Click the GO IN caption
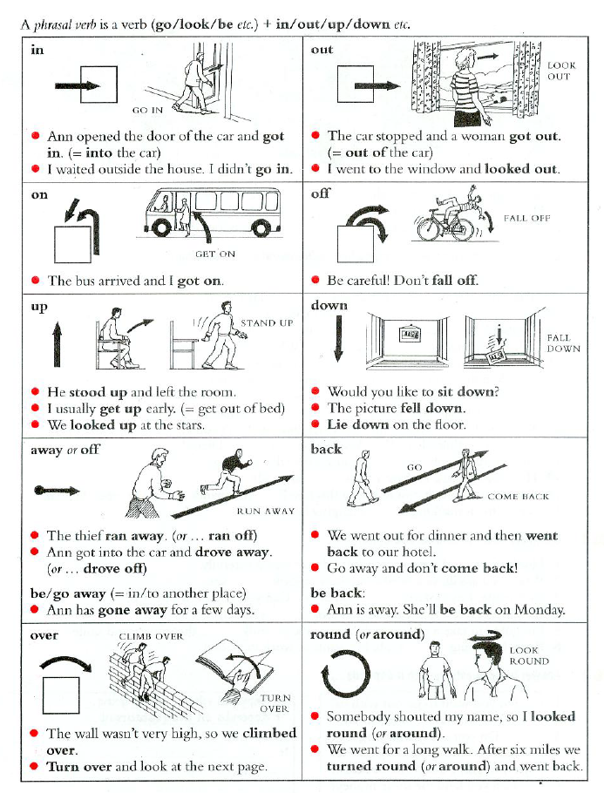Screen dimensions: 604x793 pyautogui.click(x=147, y=111)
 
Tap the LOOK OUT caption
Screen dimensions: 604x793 pyautogui.click(x=561, y=71)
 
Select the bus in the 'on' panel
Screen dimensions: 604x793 pyautogui.click(x=212, y=213)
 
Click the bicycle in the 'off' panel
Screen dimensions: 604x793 pyautogui.click(x=445, y=226)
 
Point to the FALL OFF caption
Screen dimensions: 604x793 pyautogui.click(x=526, y=218)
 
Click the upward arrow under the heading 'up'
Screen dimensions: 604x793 pyautogui.click(x=58, y=344)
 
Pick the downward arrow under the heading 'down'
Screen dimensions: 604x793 pyautogui.click(x=338, y=338)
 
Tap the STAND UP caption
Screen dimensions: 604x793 pyautogui.click(x=267, y=323)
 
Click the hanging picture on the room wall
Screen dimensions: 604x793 pyautogui.click(x=411, y=334)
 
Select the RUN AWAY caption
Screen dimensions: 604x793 pyautogui.click(x=266, y=512)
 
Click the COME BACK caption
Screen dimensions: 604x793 pyautogui.click(x=518, y=497)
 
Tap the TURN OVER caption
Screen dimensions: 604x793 pyautogui.click(x=275, y=703)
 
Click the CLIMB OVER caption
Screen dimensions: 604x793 pyautogui.click(x=151, y=637)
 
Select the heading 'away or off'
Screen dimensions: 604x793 pyautogui.click(x=64, y=450)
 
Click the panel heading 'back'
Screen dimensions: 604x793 pyautogui.click(x=326, y=449)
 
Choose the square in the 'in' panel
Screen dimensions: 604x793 pyautogui.click(x=99, y=85)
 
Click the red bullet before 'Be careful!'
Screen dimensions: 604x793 pyautogui.click(x=316, y=280)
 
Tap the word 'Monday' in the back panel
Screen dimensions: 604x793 pyautogui.click(x=540, y=610)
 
